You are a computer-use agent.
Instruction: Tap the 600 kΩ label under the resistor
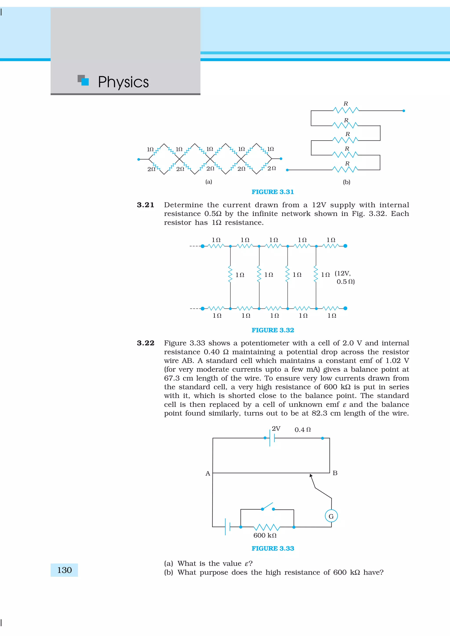265,535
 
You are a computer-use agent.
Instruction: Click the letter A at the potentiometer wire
208,473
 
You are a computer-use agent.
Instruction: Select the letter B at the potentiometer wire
335,473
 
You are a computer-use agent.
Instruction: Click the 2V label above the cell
276,429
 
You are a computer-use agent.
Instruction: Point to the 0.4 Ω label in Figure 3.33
303,430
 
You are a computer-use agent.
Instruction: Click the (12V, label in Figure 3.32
343,273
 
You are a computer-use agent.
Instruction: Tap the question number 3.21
145,205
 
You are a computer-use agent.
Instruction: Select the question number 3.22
145,343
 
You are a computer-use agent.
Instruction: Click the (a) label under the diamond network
209,182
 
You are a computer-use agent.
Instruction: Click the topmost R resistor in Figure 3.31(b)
346,110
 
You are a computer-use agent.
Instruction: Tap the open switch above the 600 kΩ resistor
268,507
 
